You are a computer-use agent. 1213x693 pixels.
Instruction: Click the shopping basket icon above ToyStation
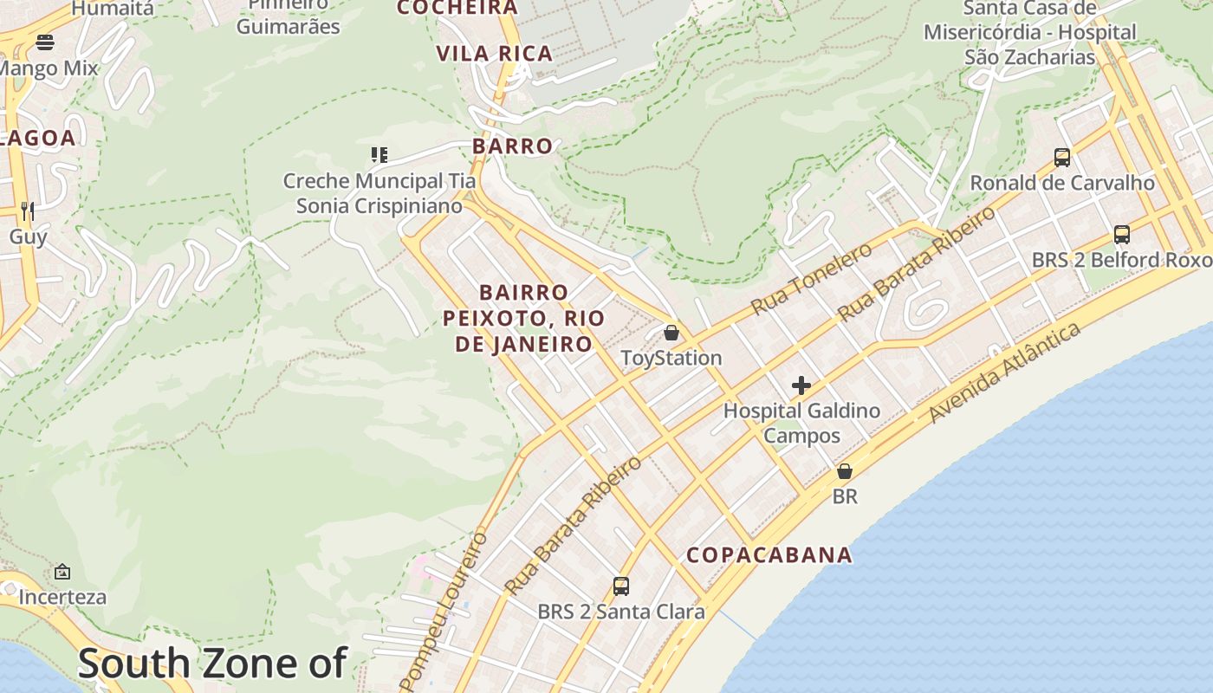(x=671, y=333)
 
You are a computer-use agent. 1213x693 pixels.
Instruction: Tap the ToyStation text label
(x=671, y=358)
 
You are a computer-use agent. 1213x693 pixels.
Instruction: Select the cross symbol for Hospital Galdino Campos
(x=801, y=385)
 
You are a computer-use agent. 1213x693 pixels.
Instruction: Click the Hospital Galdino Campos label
(x=801, y=423)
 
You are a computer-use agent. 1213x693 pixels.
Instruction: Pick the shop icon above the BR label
(x=844, y=472)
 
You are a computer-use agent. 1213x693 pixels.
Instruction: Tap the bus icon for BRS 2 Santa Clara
(x=621, y=586)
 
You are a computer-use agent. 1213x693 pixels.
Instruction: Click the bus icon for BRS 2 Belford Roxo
(x=1121, y=235)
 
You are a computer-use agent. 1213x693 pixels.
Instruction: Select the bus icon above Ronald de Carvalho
(x=1061, y=158)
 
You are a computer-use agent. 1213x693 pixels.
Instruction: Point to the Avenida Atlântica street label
(x=1005, y=372)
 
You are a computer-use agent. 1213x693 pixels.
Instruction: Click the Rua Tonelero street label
(x=812, y=279)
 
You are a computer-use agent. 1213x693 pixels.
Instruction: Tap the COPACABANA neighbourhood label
(x=769, y=555)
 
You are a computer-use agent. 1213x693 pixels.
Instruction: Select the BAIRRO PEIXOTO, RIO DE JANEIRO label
(x=523, y=318)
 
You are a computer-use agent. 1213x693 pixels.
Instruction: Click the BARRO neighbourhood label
(x=512, y=146)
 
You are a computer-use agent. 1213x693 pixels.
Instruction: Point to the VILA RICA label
(x=494, y=54)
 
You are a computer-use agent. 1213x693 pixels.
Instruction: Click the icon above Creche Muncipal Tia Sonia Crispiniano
(x=379, y=155)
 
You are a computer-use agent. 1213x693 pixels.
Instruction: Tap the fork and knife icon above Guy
(x=28, y=210)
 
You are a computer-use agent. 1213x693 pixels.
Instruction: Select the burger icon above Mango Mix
(x=45, y=42)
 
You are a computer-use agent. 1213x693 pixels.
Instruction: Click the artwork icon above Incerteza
(x=62, y=572)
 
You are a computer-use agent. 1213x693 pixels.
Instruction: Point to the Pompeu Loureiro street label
(x=444, y=606)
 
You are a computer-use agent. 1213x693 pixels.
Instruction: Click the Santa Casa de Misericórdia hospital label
(x=1029, y=33)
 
